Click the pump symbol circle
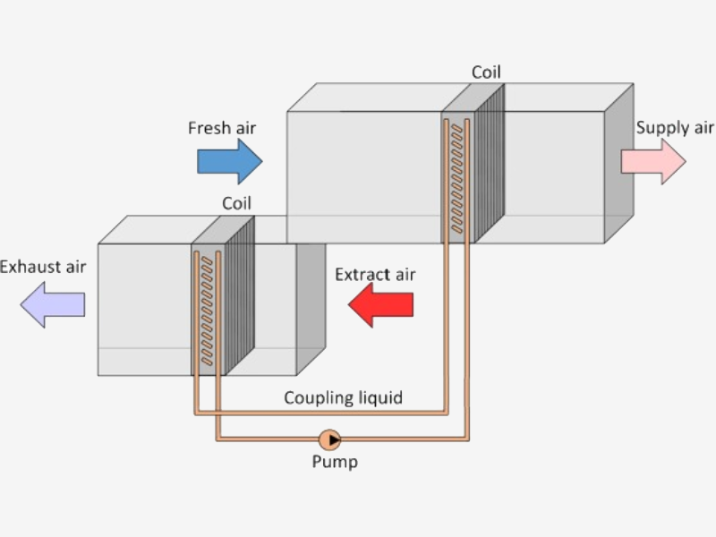tap(329, 439)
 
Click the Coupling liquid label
tap(343, 397)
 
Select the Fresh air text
tap(221, 128)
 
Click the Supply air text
tap(675, 128)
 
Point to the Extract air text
tap(375, 274)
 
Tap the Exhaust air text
tap(43, 267)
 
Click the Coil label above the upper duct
tap(486, 72)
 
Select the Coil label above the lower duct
tap(236, 203)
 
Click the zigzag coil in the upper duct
tap(456, 179)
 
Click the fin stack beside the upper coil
tap(490, 161)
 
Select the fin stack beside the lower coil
tap(240, 295)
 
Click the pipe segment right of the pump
tap(403, 439)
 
